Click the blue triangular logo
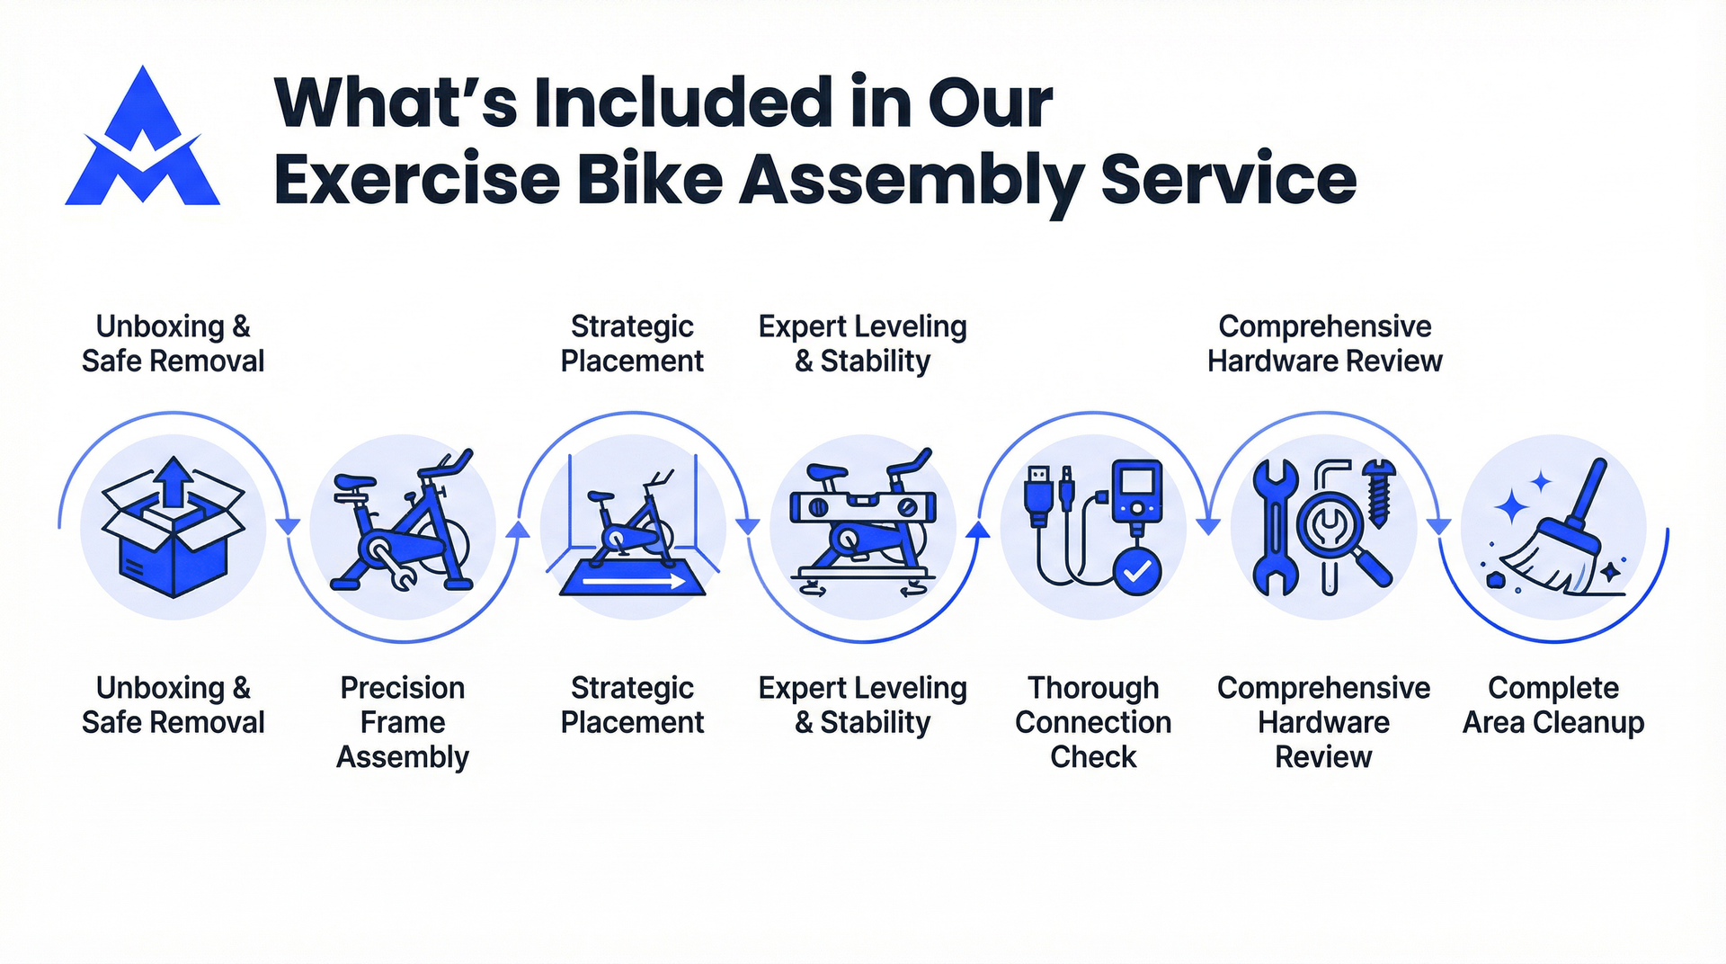(x=142, y=139)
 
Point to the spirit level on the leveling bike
(x=862, y=508)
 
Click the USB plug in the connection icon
(x=1038, y=495)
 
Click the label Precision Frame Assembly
(x=403, y=722)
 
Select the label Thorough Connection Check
(x=1093, y=722)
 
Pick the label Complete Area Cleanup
(x=1553, y=705)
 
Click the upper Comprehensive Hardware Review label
(x=1324, y=344)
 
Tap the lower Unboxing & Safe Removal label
(x=173, y=705)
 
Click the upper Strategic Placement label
(x=632, y=344)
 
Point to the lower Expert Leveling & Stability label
(x=862, y=705)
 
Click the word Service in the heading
(x=1228, y=179)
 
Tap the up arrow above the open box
(x=174, y=481)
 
